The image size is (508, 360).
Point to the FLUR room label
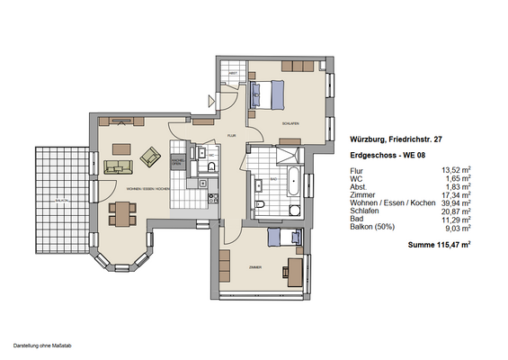point(231,135)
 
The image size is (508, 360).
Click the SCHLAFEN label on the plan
point(290,123)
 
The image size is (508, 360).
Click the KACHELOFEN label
point(178,162)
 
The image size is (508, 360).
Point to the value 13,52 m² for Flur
point(456,169)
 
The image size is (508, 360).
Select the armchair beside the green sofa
point(150,159)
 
